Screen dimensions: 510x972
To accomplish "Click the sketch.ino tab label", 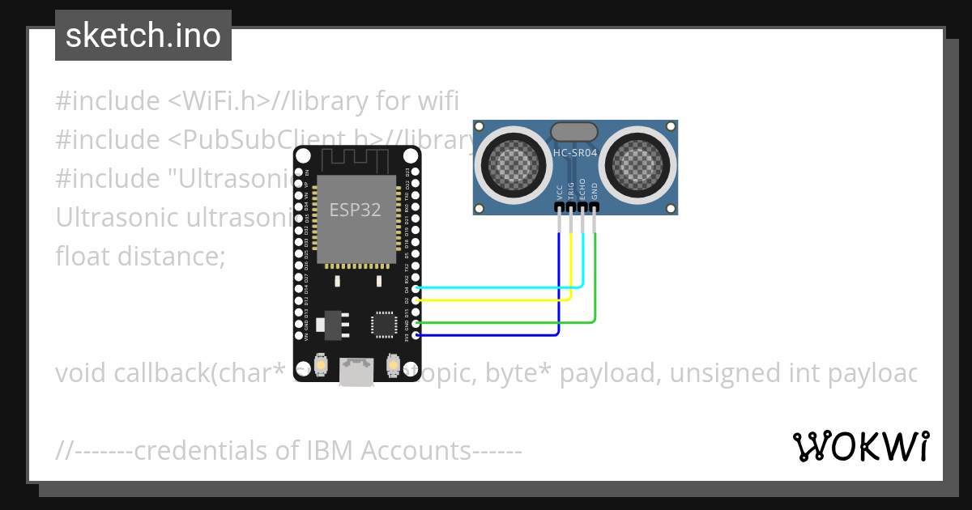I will tap(143, 36).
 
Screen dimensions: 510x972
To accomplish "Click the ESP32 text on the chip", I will tap(356, 210).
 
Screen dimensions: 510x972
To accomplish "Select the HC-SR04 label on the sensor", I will tap(576, 152).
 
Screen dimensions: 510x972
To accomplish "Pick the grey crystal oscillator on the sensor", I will tap(574, 131).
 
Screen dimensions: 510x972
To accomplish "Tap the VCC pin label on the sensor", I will tap(560, 192).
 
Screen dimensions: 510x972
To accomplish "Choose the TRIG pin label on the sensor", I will tap(571, 191).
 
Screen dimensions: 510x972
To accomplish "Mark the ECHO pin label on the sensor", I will tap(582, 190).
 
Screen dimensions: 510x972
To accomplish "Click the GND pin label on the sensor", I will tap(595, 192).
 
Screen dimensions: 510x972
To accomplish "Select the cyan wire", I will tap(502, 287).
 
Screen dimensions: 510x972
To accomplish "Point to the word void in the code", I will tap(81, 372).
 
